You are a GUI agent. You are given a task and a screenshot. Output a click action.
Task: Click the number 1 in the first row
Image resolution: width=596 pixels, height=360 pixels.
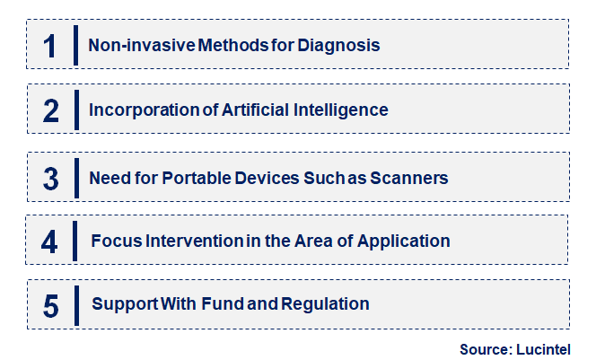50,46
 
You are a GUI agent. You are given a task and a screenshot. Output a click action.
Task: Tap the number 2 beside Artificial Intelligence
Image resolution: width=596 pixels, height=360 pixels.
51,111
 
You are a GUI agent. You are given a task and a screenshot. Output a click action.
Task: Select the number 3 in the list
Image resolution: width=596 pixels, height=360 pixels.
51,179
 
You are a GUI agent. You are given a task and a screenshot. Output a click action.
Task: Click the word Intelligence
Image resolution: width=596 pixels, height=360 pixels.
344,110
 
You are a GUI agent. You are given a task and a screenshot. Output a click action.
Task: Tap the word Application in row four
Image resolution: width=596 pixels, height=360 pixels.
408,241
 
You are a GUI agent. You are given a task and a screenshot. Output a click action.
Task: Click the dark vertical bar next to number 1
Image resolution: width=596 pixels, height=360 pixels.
75,46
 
